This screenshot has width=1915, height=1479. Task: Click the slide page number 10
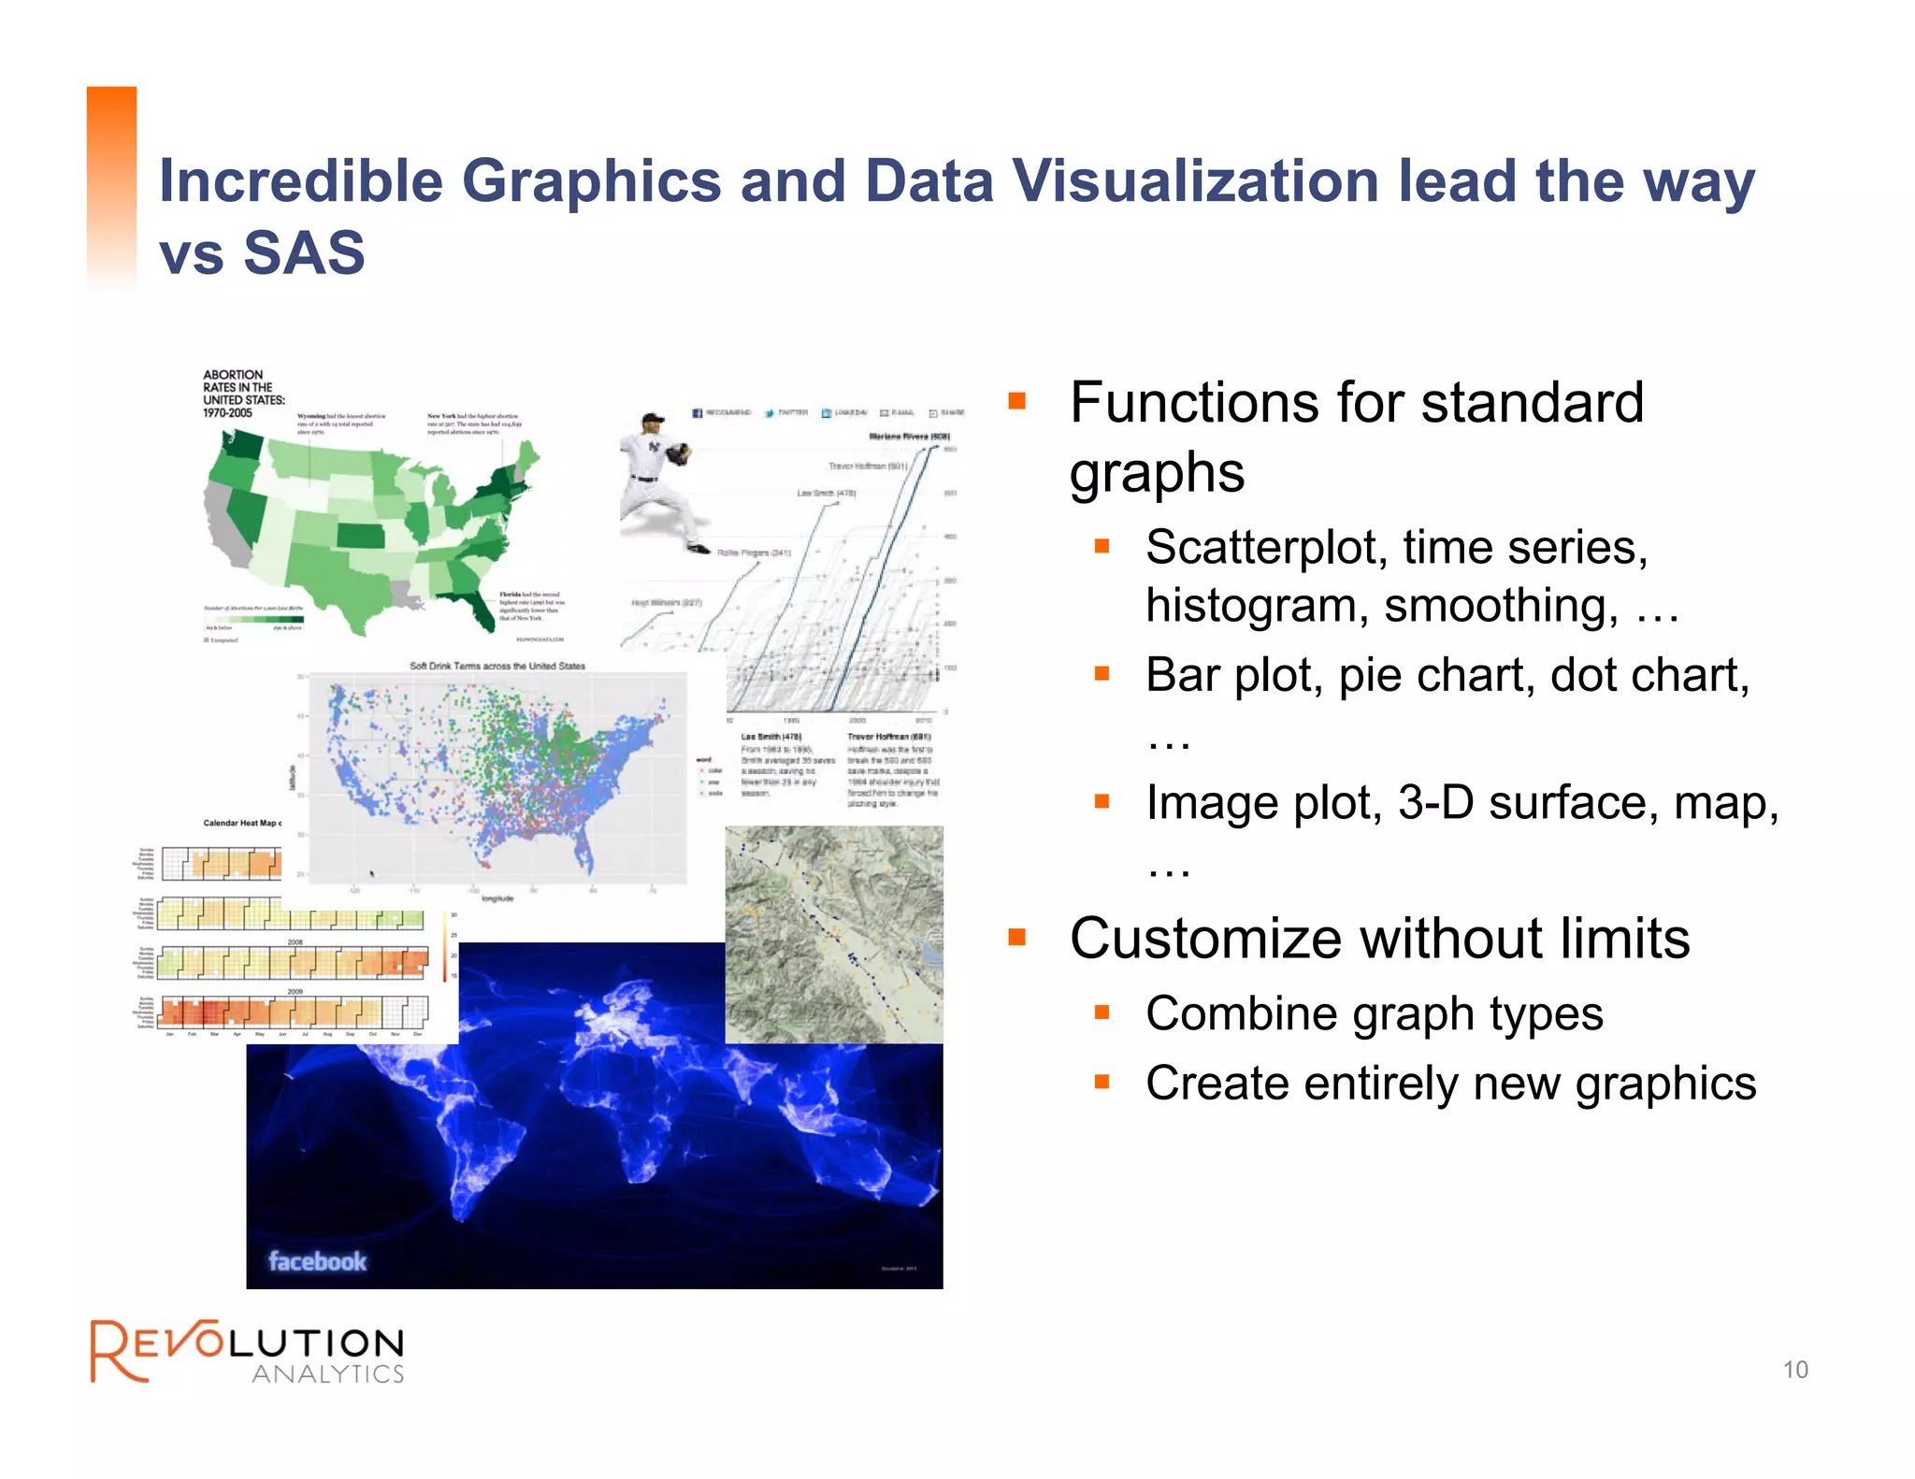(x=1794, y=1370)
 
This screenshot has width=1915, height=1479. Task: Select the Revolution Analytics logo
(x=248, y=1351)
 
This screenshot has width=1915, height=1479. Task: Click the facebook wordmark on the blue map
(x=317, y=1261)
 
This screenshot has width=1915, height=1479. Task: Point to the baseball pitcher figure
(x=659, y=481)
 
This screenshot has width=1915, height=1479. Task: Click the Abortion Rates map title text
(x=243, y=394)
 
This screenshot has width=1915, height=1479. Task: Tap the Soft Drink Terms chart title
(x=497, y=666)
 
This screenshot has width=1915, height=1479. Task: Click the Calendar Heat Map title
(x=241, y=823)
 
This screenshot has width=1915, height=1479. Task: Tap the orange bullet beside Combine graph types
(x=1101, y=1012)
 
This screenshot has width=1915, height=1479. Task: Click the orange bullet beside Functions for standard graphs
(x=1017, y=401)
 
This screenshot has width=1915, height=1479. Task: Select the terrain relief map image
(x=833, y=934)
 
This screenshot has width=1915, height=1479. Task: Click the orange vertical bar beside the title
(x=111, y=187)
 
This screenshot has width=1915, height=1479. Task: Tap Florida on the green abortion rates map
(x=478, y=608)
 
